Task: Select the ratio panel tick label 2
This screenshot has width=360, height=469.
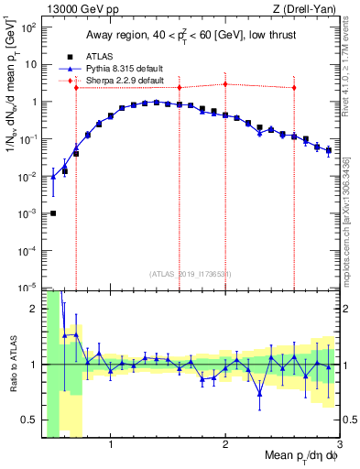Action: (34, 309)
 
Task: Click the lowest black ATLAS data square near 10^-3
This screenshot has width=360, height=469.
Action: (53, 213)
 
